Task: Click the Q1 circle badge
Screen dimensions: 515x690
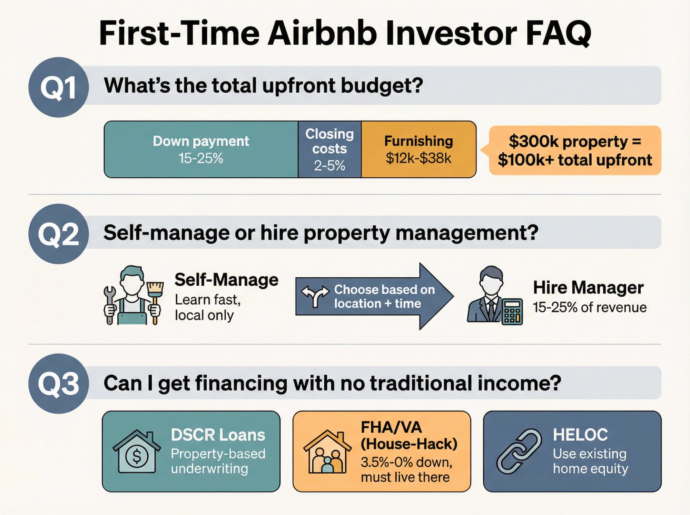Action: click(x=59, y=87)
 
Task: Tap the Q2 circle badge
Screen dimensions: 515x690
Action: click(x=59, y=234)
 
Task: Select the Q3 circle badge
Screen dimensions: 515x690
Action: click(x=59, y=384)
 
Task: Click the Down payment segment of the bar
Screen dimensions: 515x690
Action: click(x=201, y=149)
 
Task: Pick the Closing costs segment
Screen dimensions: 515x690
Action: click(x=329, y=149)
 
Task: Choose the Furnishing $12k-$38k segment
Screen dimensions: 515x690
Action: click(x=418, y=149)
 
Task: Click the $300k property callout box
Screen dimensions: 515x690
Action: click(x=575, y=150)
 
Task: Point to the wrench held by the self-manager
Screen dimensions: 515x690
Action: click(x=110, y=304)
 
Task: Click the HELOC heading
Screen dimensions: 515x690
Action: click(x=580, y=435)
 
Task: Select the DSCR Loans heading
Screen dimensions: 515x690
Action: click(x=218, y=435)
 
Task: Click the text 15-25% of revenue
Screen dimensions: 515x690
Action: click(x=590, y=307)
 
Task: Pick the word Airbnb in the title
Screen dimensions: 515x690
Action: click(x=322, y=33)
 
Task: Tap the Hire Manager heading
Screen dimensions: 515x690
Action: click(x=588, y=287)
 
